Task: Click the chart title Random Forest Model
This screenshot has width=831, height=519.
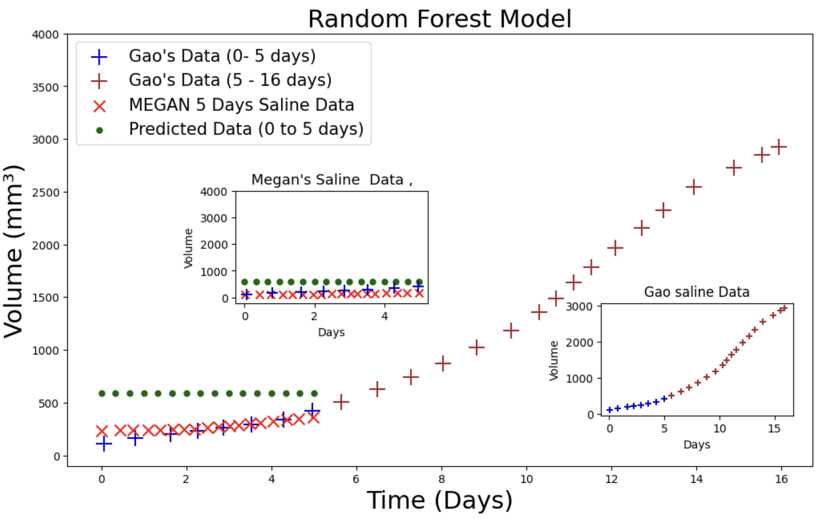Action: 439,19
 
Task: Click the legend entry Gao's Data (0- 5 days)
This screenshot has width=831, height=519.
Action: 222,56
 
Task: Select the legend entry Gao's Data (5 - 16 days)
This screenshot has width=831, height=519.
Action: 230,80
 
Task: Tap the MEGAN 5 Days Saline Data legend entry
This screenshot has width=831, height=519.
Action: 241,105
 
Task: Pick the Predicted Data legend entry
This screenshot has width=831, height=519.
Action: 246,129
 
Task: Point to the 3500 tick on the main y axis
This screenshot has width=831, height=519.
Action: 45,88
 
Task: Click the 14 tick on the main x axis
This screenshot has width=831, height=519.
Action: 696,479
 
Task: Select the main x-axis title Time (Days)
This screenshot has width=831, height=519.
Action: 439,500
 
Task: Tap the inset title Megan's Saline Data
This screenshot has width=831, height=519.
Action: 331,180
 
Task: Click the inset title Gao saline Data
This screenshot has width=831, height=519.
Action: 696,292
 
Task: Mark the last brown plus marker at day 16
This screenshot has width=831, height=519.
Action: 778,147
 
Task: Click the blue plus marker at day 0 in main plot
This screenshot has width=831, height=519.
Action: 104,444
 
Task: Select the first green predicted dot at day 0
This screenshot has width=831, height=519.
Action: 102,394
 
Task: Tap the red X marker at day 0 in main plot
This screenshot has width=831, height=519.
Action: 102,431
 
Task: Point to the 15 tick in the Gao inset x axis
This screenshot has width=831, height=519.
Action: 774,429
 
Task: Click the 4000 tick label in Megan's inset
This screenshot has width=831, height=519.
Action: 214,192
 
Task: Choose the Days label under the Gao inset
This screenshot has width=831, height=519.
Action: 696,444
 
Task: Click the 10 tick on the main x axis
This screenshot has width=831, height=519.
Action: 527,479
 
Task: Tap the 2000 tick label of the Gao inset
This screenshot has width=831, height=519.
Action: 579,343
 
